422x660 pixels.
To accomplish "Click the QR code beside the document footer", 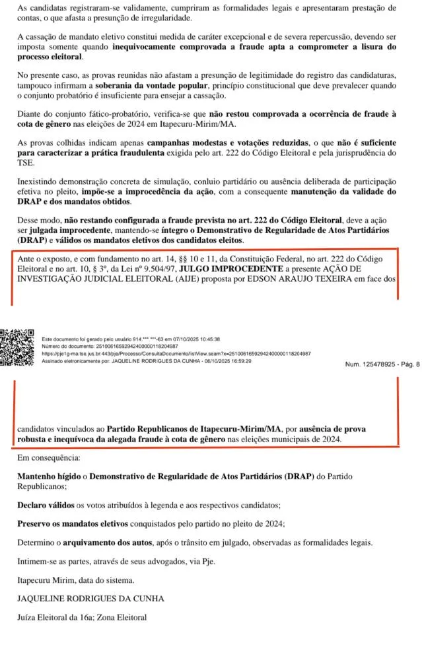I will (x=18, y=348).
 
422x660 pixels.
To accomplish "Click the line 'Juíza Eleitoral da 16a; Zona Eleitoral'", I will (x=82, y=618).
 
